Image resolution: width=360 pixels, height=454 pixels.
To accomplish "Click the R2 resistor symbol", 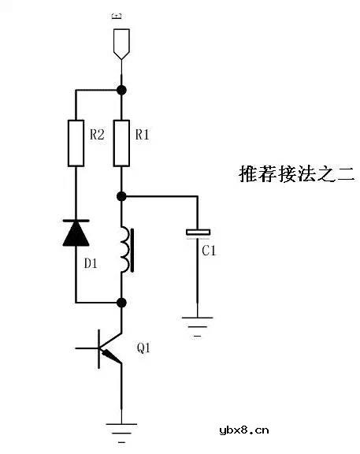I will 76,143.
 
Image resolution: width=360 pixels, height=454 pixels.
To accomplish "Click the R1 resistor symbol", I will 121,143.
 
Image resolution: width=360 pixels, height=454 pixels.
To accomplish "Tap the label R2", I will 97,135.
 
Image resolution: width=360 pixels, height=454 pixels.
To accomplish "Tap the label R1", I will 143,135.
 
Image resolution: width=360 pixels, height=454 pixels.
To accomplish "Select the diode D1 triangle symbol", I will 76,233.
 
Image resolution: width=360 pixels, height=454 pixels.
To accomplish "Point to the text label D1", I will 91,263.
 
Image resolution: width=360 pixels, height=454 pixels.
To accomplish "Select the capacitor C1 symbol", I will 198,233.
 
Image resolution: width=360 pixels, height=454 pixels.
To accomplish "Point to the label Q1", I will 145,348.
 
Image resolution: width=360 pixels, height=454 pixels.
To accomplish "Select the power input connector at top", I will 121,43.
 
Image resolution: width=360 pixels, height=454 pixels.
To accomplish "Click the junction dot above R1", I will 121,89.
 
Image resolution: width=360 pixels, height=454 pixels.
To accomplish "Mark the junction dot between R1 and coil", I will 121,195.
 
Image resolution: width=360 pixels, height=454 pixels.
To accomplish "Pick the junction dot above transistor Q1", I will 121,302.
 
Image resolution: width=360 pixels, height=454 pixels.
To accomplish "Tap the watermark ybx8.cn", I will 244,430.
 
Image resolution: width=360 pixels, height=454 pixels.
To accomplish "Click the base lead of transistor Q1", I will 87,347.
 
